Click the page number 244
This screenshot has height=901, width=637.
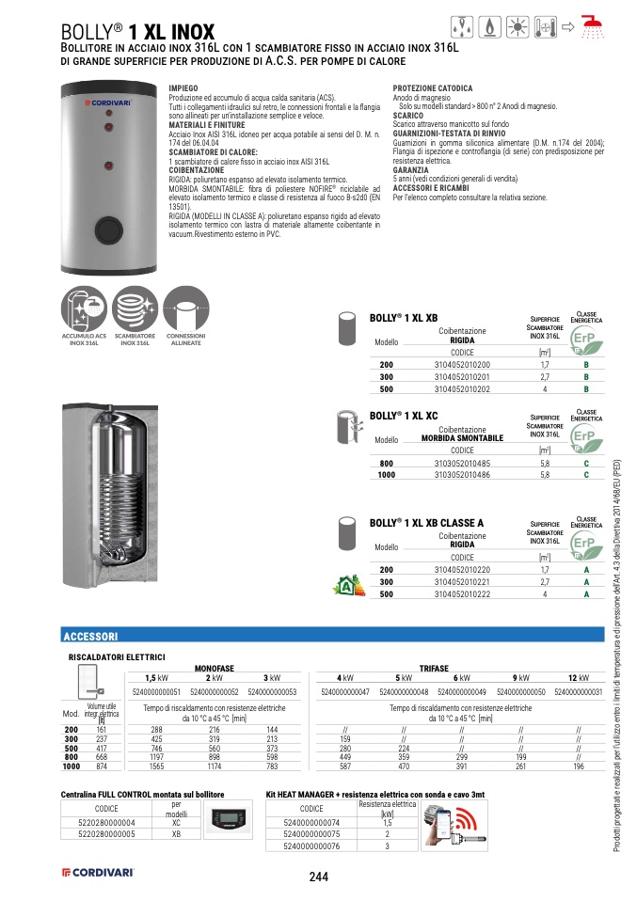coord(318,877)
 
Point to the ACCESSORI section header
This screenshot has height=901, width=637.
coord(90,636)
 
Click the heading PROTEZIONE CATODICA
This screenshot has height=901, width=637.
coord(433,88)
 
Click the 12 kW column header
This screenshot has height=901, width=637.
coord(579,677)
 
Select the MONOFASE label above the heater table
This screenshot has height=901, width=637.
coord(214,667)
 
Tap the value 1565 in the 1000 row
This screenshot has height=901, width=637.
coord(156,767)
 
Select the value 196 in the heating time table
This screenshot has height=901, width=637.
coord(579,767)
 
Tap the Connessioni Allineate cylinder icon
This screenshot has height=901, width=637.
coord(186,308)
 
